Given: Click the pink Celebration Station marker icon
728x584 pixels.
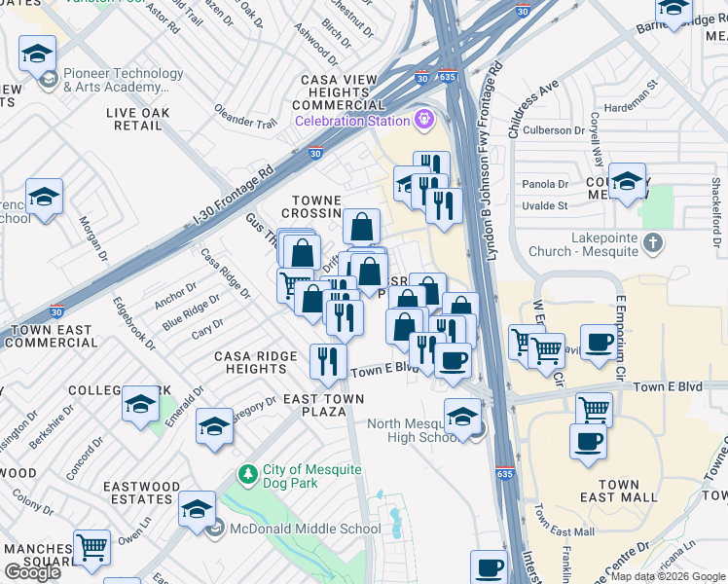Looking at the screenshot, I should pos(423,121).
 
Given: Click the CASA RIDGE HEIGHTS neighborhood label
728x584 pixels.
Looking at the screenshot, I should pos(256,363).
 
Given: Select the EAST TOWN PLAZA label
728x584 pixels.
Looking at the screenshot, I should pos(323,406).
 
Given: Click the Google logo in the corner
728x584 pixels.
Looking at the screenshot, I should pos(32,571).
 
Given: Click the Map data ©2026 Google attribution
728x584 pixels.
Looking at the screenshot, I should pos(668,576).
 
